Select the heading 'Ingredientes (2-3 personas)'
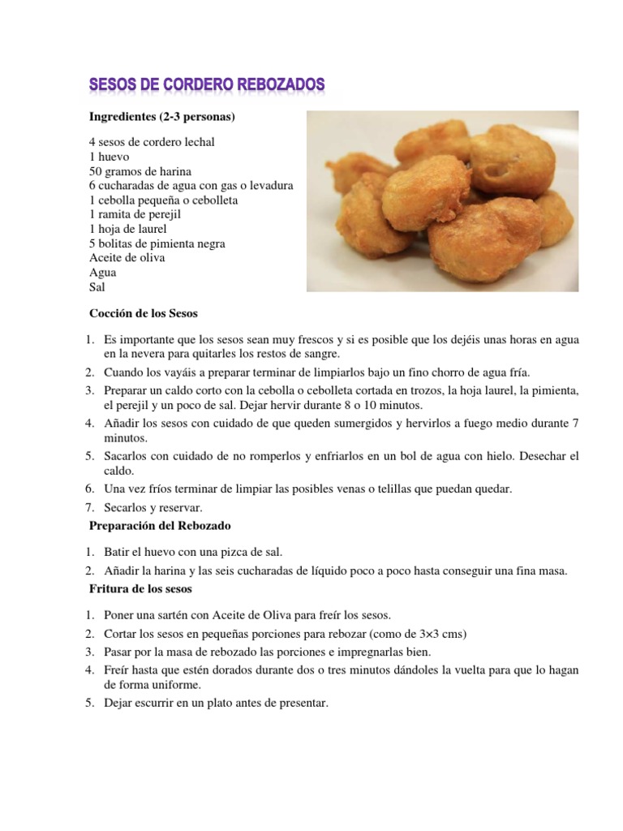click(x=161, y=118)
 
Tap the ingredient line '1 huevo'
click(x=110, y=157)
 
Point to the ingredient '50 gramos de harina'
click(x=140, y=171)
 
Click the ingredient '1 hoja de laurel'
click(x=128, y=230)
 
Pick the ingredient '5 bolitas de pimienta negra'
click(x=157, y=243)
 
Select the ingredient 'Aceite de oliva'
click(x=127, y=258)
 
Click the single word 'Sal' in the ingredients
click(x=97, y=287)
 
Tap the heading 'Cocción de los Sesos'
click(x=143, y=313)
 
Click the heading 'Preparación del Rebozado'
click(x=160, y=527)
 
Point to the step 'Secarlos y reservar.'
click(x=153, y=507)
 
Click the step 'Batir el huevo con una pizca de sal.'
click(x=193, y=552)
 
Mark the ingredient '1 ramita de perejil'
click(x=134, y=215)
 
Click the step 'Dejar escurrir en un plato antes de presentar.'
click(x=216, y=704)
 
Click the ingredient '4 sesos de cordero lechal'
click(x=152, y=142)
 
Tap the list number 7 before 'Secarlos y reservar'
click(x=92, y=507)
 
